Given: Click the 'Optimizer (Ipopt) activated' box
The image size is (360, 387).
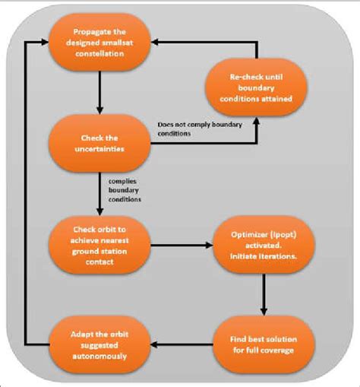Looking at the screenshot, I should click(x=262, y=244).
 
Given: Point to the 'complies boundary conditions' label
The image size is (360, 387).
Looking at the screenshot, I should click(x=125, y=189).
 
